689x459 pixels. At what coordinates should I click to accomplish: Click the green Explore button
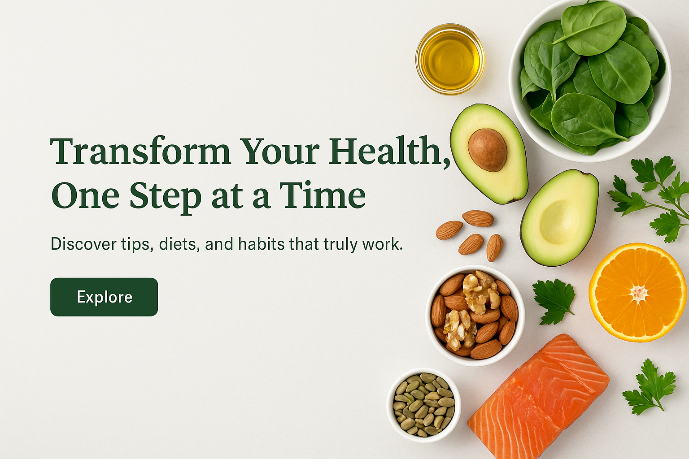104,297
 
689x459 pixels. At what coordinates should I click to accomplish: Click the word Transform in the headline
140,151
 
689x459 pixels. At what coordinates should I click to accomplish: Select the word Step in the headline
165,196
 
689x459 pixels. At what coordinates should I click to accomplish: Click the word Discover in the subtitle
84,244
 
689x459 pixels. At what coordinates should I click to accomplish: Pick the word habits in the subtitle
262,244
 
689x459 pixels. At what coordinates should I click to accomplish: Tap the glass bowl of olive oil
450,59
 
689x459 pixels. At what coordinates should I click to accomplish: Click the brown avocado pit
487,150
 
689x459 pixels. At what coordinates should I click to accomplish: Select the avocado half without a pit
560,218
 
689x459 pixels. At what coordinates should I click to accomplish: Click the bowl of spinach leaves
589,81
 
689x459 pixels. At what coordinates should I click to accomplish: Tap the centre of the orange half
639,292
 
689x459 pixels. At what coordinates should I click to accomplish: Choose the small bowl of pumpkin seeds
424,405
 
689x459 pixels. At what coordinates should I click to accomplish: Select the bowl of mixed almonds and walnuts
475,316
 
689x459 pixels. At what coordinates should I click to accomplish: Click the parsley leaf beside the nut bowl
554,301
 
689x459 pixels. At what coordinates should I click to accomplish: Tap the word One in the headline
85,195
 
